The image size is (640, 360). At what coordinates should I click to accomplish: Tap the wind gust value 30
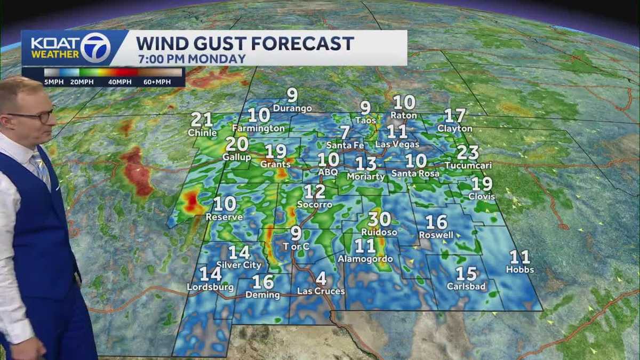[379, 219]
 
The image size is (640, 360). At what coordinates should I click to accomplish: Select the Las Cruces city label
[321, 291]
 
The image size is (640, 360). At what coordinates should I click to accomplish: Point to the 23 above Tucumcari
[468, 153]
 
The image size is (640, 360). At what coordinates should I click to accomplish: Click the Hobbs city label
[519, 270]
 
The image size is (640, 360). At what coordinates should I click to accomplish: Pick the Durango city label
[292, 108]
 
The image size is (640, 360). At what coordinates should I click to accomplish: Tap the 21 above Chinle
[202, 120]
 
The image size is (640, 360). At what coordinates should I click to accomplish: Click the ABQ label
[328, 172]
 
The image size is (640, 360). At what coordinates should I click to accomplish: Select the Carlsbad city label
[467, 286]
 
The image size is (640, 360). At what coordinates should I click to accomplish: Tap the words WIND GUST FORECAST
[245, 43]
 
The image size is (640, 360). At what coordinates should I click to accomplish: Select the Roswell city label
[436, 235]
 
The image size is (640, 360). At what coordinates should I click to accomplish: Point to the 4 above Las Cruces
[321, 278]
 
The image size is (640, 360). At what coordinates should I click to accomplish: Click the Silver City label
[239, 265]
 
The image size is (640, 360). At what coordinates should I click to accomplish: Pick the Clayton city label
[454, 129]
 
